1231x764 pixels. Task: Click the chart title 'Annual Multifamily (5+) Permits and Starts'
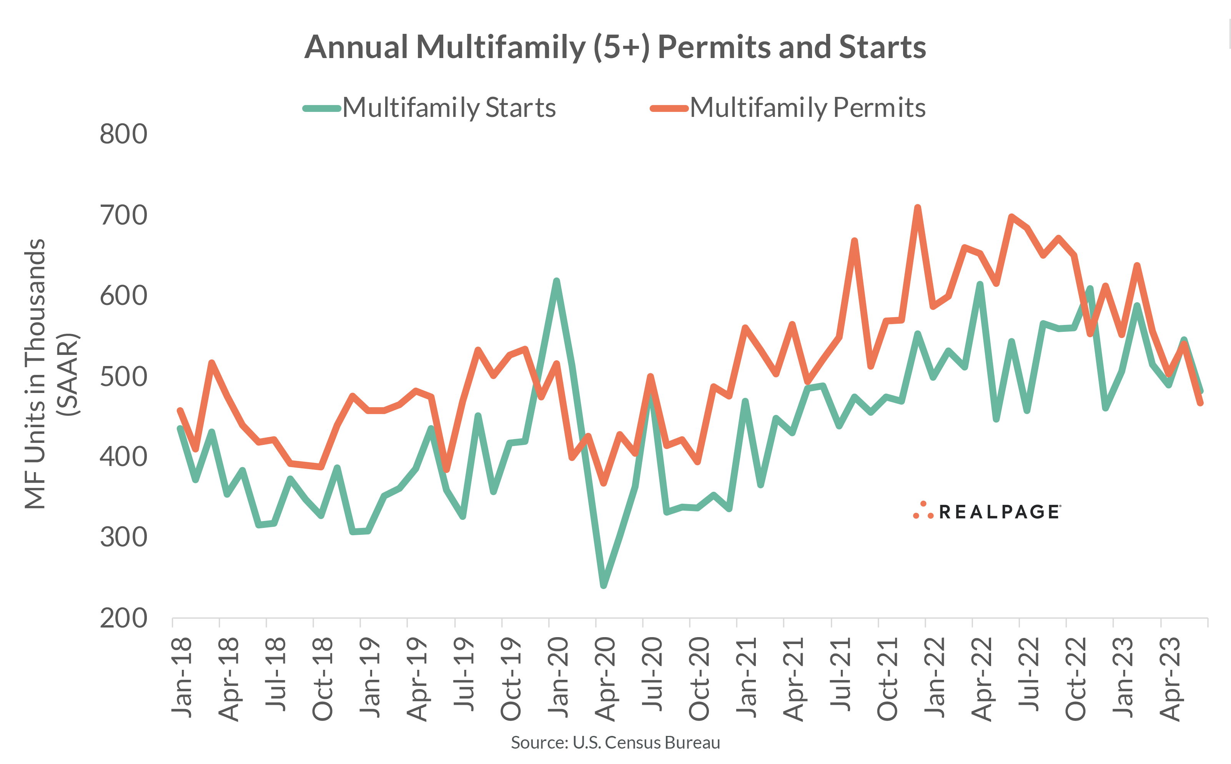pyautogui.click(x=615, y=47)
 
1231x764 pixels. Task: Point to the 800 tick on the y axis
pyautogui.click(x=123, y=135)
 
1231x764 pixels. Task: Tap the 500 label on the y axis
pyautogui.click(x=123, y=377)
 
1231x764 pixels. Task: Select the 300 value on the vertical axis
pyautogui.click(x=123, y=537)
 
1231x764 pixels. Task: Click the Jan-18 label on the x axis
pyautogui.click(x=182, y=677)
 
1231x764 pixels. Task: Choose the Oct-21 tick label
pyautogui.click(x=888, y=679)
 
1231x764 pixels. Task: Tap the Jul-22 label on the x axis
pyautogui.click(x=1029, y=674)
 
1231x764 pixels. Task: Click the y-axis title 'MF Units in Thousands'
pyautogui.click(x=35, y=374)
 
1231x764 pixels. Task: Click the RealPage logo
pyautogui.click(x=988, y=511)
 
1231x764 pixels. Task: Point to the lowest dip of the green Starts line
pyautogui.click(x=604, y=586)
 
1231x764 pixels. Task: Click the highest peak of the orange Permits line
pyautogui.click(x=917, y=207)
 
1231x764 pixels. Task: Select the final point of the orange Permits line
pyautogui.click(x=1200, y=403)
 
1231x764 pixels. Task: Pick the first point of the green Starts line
pyautogui.click(x=180, y=428)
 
